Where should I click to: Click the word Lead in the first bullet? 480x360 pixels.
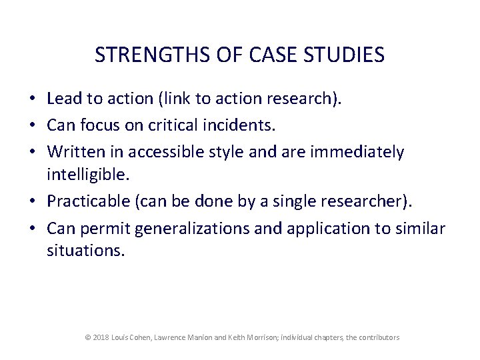(x=64, y=99)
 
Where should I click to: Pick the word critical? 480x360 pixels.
(x=178, y=125)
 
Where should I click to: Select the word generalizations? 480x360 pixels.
(x=208, y=228)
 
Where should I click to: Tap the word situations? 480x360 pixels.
(x=85, y=252)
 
